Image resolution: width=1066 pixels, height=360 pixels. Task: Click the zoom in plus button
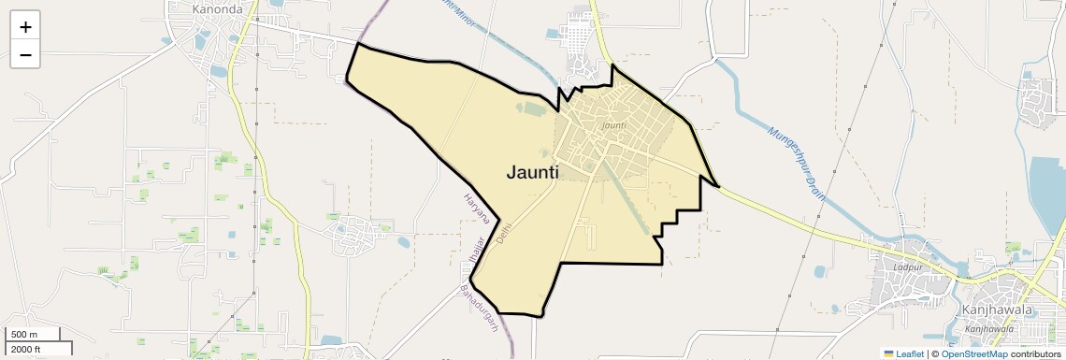pyautogui.click(x=25, y=27)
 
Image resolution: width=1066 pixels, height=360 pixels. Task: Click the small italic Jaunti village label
pyautogui.click(x=613, y=125)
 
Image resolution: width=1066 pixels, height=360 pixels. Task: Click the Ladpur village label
pyautogui.click(x=907, y=267)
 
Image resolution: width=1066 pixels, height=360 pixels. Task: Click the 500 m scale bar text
pyautogui.click(x=25, y=335)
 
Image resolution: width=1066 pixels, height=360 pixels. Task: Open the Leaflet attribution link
pyautogui.click(x=910, y=353)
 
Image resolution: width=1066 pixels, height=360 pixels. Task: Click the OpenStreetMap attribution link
pyautogui.click(x=973, y=353)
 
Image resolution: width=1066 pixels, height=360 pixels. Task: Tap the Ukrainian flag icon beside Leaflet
pyautogui.click(x=888, y=353)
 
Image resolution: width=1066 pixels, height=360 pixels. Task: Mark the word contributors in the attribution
pyautogui.click(x=1036, y=353)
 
